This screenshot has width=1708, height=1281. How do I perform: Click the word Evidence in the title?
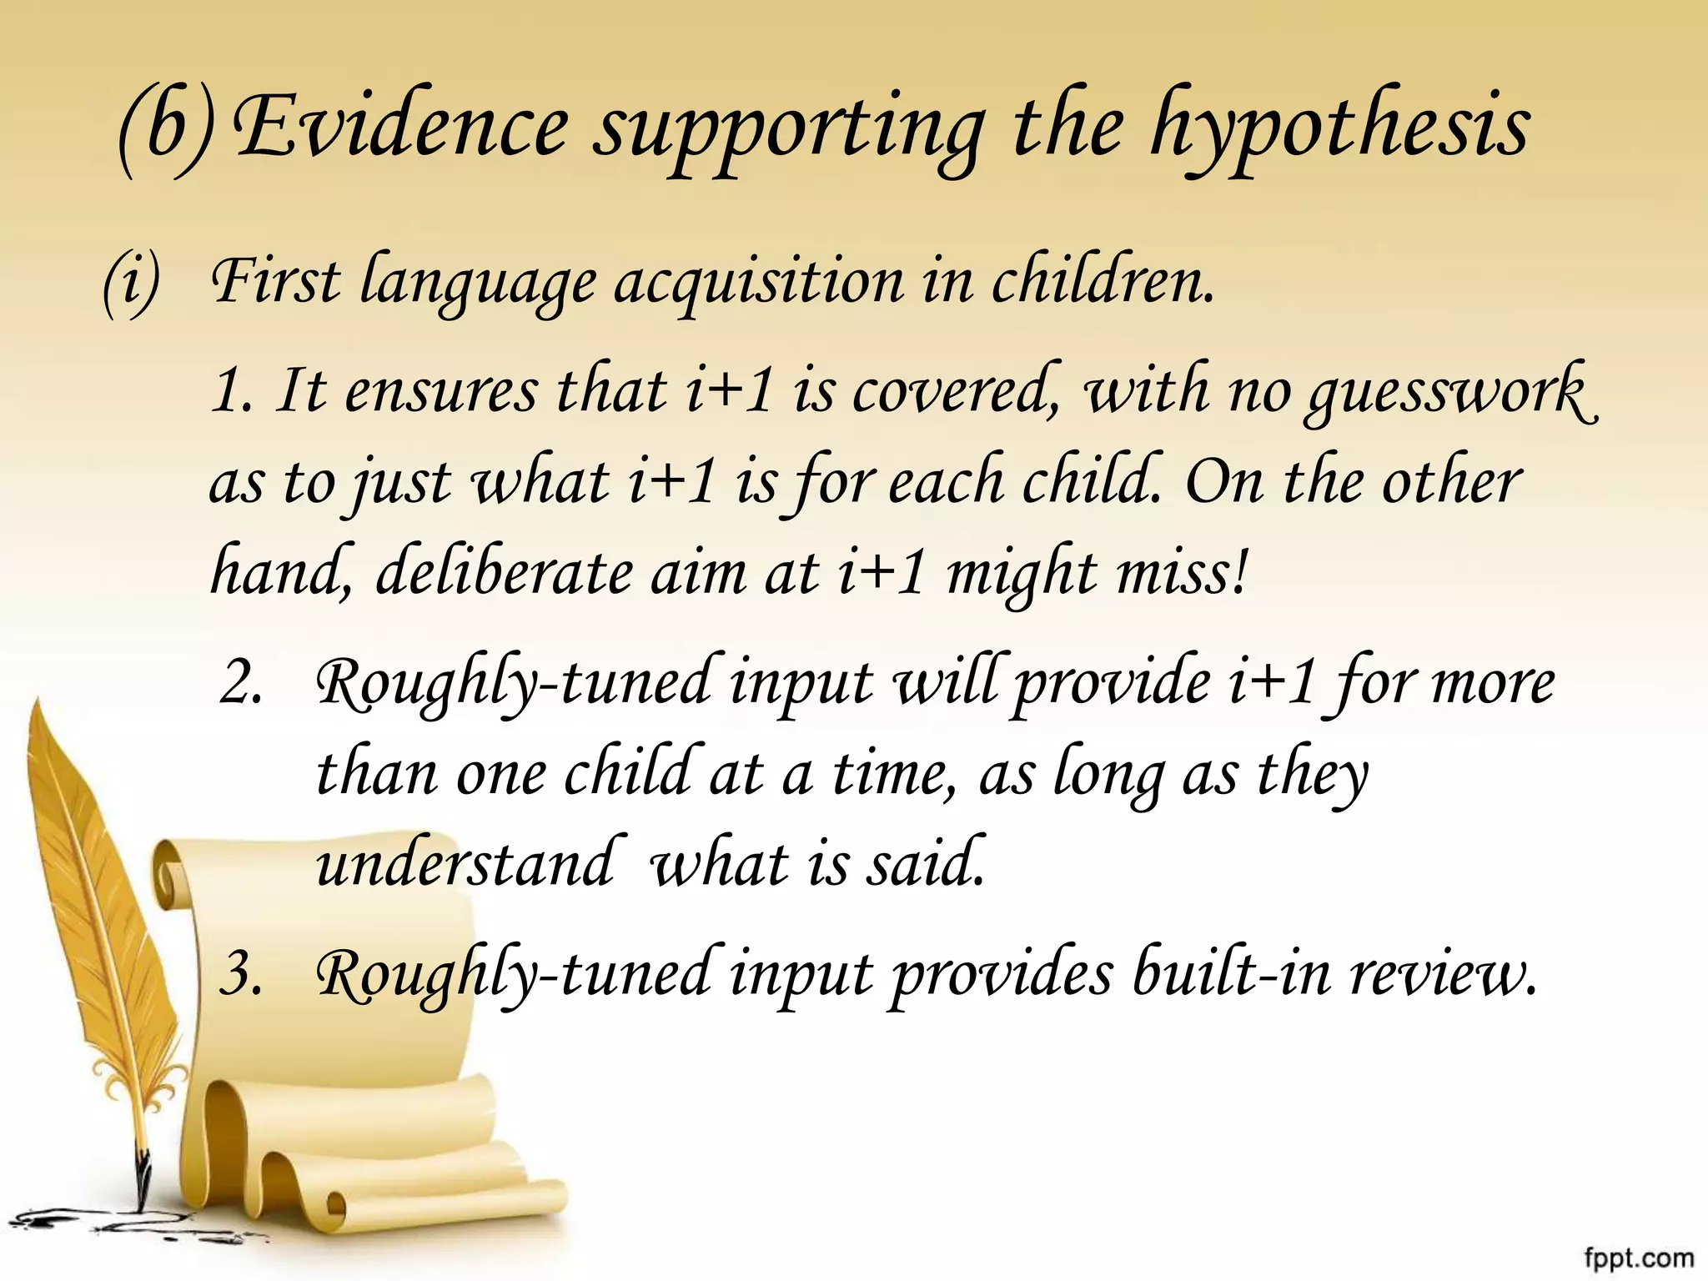(400, 127)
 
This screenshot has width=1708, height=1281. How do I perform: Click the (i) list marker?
(129, 284)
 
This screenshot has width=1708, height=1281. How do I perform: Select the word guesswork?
(1451, 392)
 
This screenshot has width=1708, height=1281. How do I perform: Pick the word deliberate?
(504, 574)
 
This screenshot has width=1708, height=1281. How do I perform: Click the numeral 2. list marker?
(241, 684)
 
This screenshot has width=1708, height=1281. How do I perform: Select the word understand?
(467, 864)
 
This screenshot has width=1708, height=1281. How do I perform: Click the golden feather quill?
(92, 917)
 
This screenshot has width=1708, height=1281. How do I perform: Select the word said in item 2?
(926, 864)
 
